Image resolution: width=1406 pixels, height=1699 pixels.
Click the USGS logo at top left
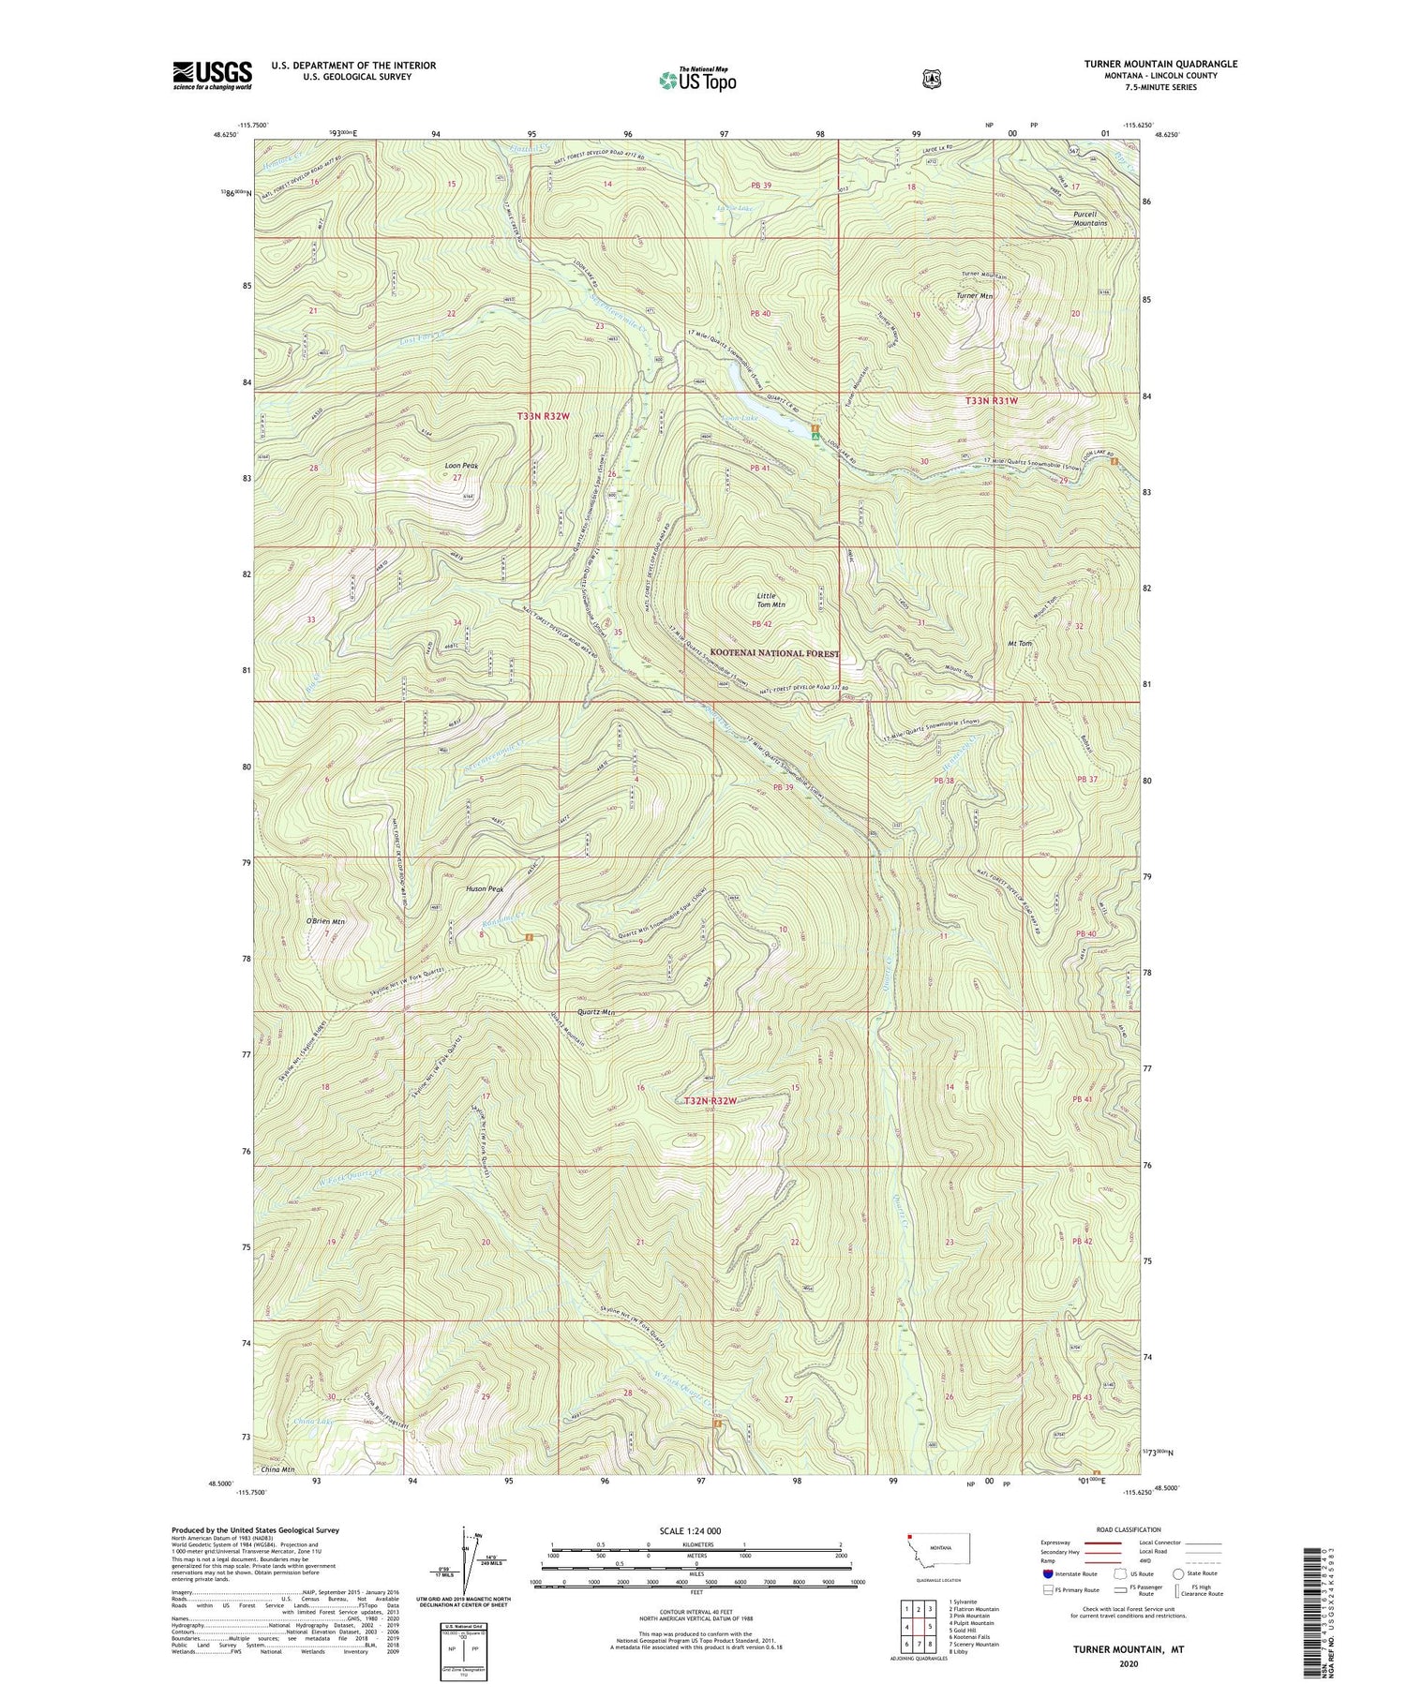coord(212,75)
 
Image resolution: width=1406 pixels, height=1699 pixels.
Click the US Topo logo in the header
coord(697,80)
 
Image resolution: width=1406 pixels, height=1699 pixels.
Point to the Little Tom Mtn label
coord(770,600)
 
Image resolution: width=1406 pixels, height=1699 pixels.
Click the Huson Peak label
coord(485,889)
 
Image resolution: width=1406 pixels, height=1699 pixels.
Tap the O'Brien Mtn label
coord(325,921)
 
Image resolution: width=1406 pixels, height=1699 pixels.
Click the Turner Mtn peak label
coord(974,296)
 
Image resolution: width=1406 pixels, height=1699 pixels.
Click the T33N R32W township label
coord(543,415)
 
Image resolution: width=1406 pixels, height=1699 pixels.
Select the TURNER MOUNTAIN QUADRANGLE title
coord(1160,64)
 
